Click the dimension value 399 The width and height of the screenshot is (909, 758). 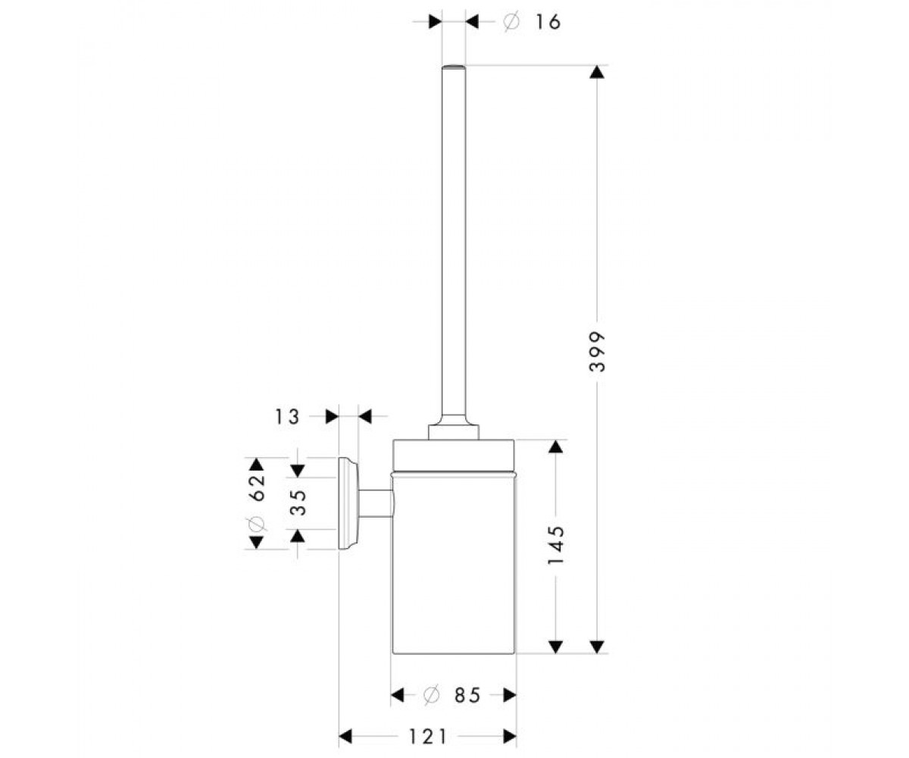[x=597, y=352]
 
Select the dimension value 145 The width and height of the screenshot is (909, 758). [x=555, y=545]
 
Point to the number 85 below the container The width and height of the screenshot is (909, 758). [x=467, y=695]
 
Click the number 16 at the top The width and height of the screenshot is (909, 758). [x=548, y=21]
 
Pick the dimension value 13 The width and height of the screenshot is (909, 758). [x=287, y=416]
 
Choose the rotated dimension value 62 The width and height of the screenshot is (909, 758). [x=258, y=487]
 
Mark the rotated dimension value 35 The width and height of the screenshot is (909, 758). [x=298, y=503]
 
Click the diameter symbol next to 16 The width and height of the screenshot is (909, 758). [x=511, y=22]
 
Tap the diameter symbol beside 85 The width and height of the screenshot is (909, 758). [x=432, y=695]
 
